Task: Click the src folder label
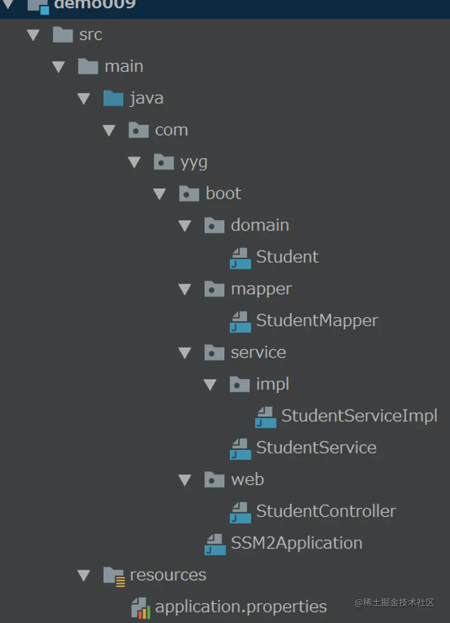pos(90,35)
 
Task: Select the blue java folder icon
pos(113,98)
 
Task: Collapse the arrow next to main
pos(59,67)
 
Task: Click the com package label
pos(171,130)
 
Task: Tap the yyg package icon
pos(164,162)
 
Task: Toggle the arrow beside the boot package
pos(159,194)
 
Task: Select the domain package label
pos(260,225)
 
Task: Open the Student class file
pos(287,257)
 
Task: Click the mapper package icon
pos(215,289)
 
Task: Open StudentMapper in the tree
pos(317,320)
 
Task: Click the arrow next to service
pos(185,353)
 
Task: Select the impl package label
pos(273,384)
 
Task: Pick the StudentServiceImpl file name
pos(359,416)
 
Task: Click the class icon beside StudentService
pos(240,448)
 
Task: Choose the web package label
pos(247,479)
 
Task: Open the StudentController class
pos(326,511)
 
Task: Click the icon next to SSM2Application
pos(215,544)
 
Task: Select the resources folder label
pos(168,575)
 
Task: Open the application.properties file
pos(241,607)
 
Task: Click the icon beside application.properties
pos(141,608)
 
